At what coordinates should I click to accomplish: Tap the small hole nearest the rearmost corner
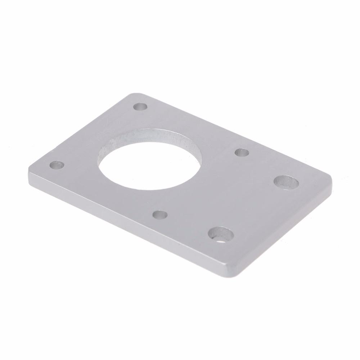tap(140, 107)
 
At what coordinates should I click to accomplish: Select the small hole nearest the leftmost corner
tap(57, 166)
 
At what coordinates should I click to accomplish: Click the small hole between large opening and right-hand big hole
tap(242, 152)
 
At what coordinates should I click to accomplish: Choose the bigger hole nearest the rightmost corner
tap(286, 181)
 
